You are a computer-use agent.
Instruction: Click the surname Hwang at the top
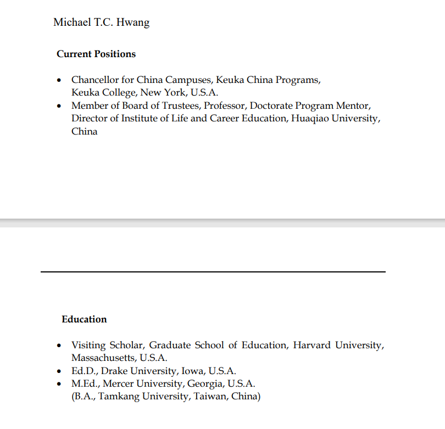pyautogui.click(x=132, y=23)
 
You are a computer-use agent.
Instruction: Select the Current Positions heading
pyautogui.click(x=96, y=54)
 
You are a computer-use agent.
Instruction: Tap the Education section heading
pyautogui.click(x=84, y=319)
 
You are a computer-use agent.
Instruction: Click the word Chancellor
pyautogui.click(x=95, y=80)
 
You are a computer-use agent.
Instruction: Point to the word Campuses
pyautogui.click(x=190, y=80)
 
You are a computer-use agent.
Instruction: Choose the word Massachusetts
pyautogui.click(x=104, y=358)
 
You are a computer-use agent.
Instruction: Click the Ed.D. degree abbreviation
pyautogui.click(x=84, y=371)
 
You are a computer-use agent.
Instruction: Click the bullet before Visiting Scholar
pyautogui.click(x=60, y=346)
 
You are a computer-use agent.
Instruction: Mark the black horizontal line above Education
pyautogui.click(x=213, y=271)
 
